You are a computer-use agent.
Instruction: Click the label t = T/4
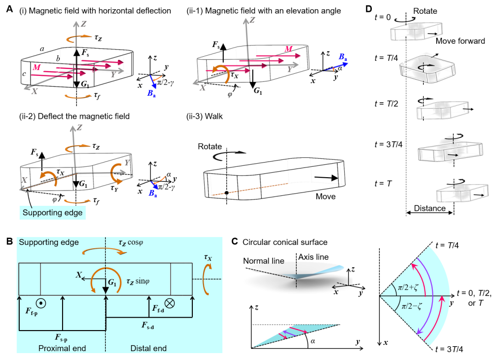point(389,58)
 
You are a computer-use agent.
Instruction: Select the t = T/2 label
point(389,104)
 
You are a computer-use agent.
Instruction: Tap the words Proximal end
point(62,348)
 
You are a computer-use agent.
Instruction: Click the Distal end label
point(149,348)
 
